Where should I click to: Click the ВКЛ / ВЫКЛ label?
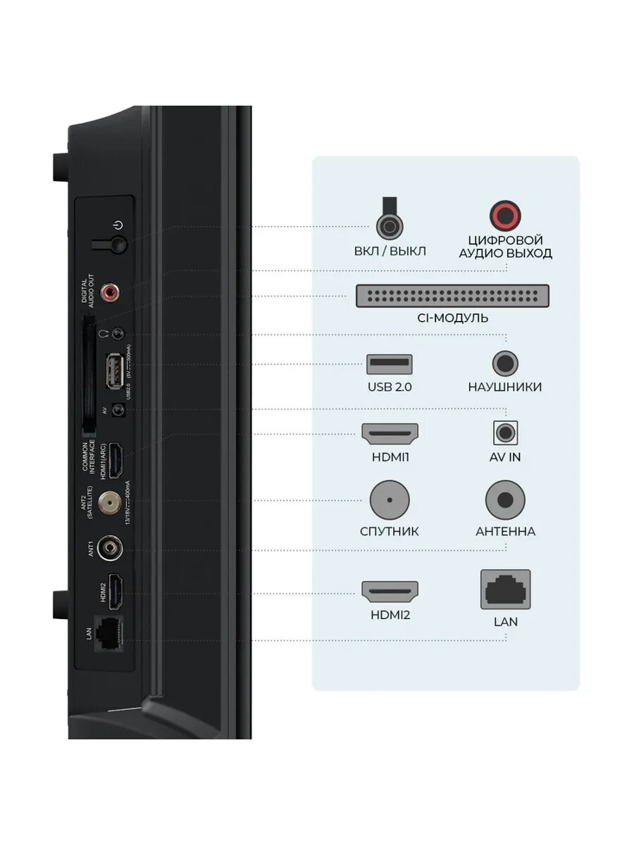(x=390, y=251)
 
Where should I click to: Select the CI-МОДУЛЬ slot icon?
(x=452, y=296)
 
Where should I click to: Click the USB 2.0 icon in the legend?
(x=390, y=364)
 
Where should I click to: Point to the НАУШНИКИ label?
(x=505, y=387)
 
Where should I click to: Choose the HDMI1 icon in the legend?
(x=390, y=434)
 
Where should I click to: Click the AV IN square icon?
(x=505, y=432)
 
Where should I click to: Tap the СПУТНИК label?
(x=390, y=531)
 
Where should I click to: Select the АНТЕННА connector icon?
(x=505, y=500)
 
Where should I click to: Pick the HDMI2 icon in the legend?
(x=390, y=591)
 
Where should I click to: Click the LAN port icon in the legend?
(x=505, y=589)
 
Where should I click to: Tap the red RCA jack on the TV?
(x=111, y=290)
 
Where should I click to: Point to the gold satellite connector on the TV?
(x=110, y=501)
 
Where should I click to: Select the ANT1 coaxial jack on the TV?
(x=110, y=548)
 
